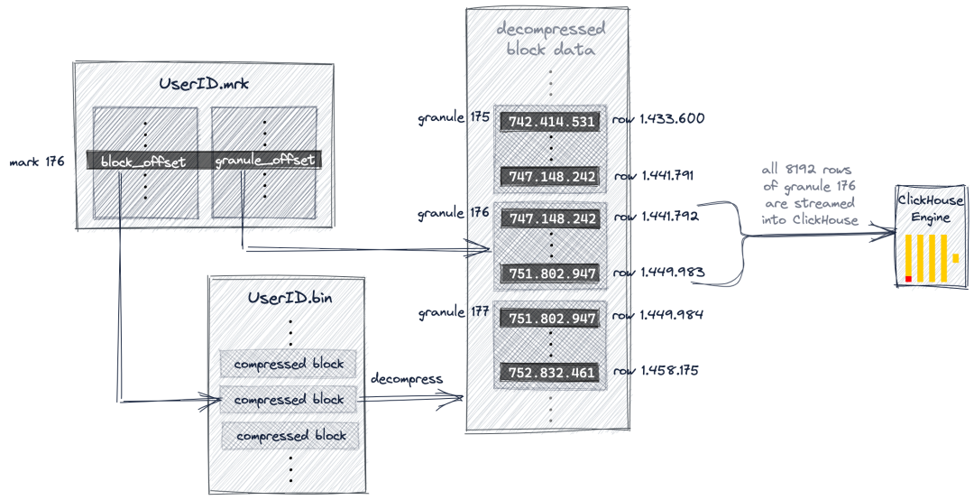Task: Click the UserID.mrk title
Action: (x=204, y=83)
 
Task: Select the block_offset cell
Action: (x=142, y=161)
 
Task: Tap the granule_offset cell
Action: (x=265, y=161)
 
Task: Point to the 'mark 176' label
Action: (x=37, y=162)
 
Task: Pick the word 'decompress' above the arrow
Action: (x=406, y=379)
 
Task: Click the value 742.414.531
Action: (x=551, y=121)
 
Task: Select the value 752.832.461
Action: (x=551, y=373)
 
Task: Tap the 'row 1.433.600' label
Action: (x=658, y=118)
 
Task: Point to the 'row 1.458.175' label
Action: (x=656, y=371)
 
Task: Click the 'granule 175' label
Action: (x=454, y=117)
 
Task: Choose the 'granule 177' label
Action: (x=454, y=311)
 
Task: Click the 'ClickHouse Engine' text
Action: (x=931, y=209)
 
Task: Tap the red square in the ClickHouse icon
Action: (x=908, y=279)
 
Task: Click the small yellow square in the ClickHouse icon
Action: (x=955, y=257)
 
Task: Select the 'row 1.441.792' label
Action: (x=657, y=217)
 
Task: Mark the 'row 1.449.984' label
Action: (x=657, y=315)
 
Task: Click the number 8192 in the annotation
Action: (x=804, y=170)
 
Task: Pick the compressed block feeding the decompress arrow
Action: (x=289, y=400)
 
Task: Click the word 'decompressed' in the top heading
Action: (x=551, y=29)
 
